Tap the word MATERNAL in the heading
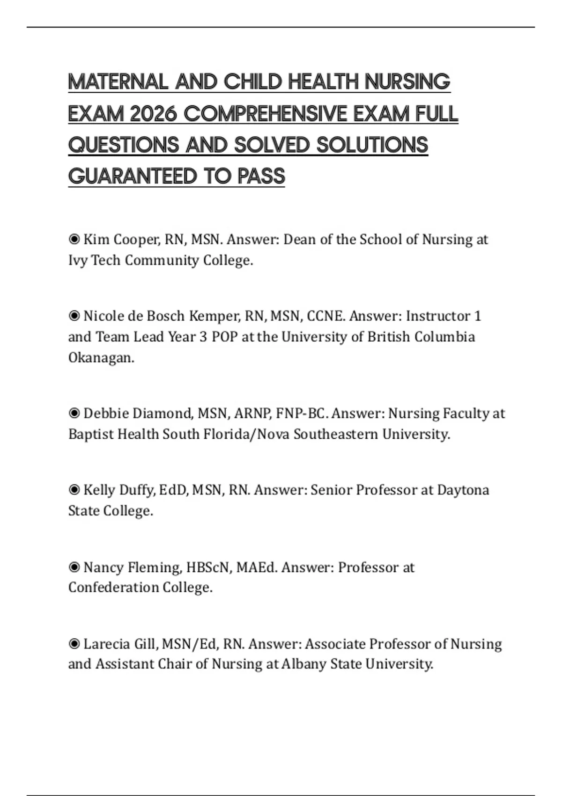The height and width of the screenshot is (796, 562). pyautogui.click(x=118, y=82)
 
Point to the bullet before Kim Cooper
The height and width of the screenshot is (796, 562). pyautogui.click(x=74, y=239)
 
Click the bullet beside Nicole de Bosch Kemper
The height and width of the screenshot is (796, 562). pyautogui.click(x=74, y=316)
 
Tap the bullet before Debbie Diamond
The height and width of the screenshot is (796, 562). pyautogui.click(x=74, y=413)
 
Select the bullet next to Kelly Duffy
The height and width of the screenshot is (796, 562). pyautogui.click(x=74, y=490)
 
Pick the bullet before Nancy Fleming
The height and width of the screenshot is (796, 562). pyautogui.click(x=74, y=568)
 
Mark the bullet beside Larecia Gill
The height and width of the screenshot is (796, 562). pyautogui.click(x=74, y=644)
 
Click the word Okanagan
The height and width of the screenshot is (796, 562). pyautogui.click(x=101, y=358)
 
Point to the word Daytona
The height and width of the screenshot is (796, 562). pyautogui.click(x=463, y=490)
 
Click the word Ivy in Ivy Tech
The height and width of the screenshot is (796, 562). pyautogui.click(x=77, y=260)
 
